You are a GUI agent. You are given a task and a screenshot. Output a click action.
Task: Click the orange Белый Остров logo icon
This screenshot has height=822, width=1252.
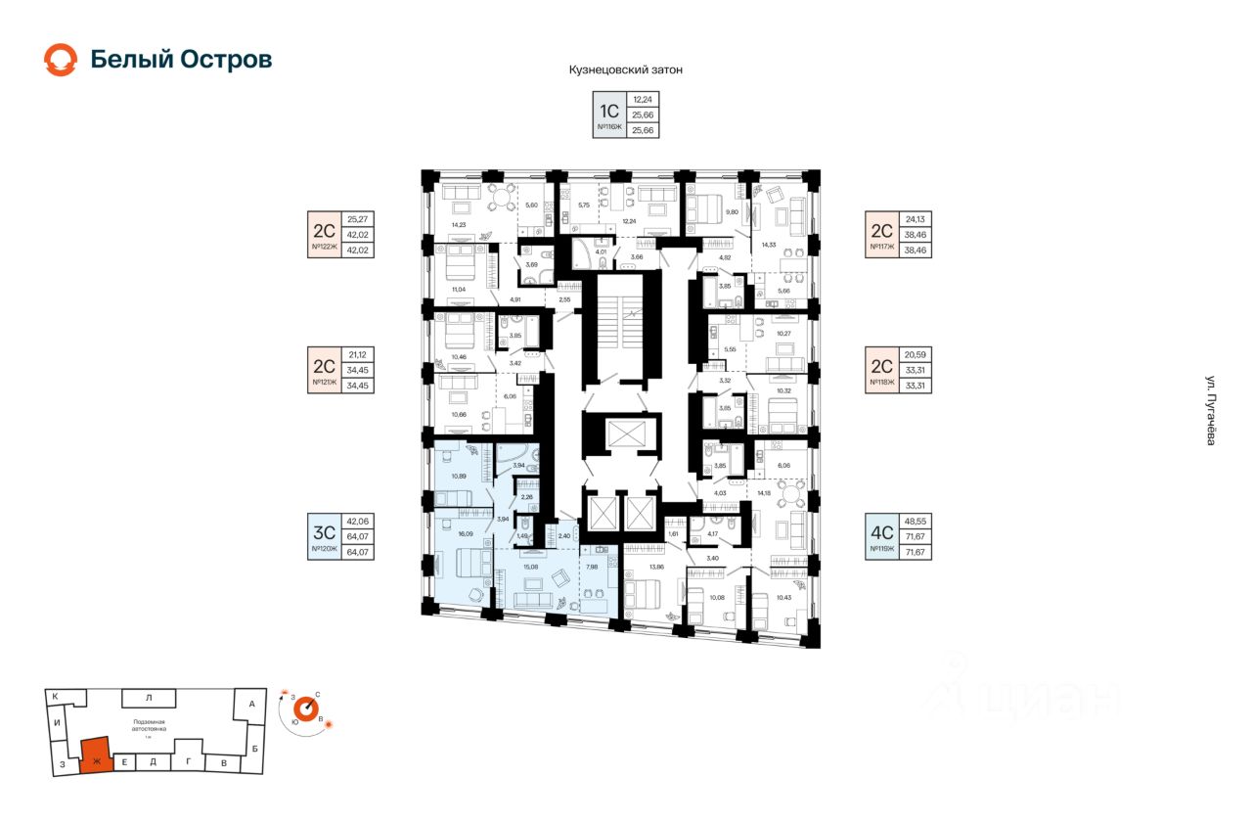[61, 60]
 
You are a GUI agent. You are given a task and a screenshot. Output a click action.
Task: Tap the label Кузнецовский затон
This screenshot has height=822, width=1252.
[625, 70]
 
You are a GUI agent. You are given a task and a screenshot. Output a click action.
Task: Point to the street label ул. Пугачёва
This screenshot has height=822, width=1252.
[1210, 411]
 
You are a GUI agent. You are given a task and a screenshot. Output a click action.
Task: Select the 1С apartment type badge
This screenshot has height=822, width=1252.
[609, 109]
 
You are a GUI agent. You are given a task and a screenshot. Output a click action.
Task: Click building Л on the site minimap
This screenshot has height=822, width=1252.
[149, 698]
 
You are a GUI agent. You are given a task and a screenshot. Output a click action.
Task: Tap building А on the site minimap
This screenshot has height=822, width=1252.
[251, 704]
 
